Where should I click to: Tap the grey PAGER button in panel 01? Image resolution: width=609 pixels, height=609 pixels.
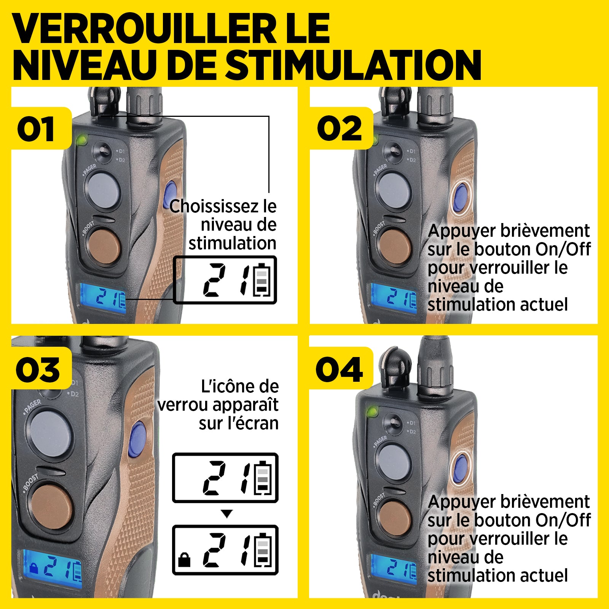click(x=102, y=190)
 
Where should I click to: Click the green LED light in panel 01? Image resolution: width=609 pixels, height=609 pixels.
click(x=81, y=140)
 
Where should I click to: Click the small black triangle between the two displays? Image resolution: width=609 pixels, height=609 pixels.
click(x=227, y=514)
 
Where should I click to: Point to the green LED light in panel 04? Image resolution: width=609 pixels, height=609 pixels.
click(x=372, y=411)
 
